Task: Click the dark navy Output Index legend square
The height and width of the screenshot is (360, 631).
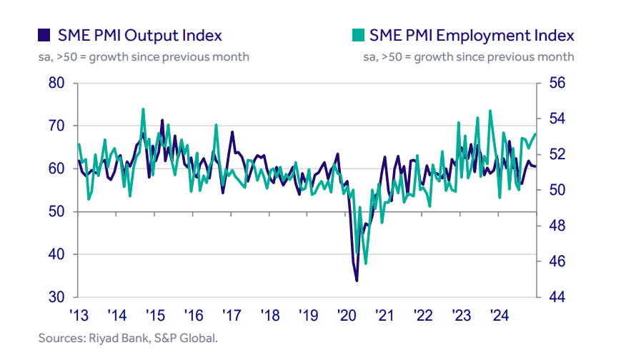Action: (x=44, y=35)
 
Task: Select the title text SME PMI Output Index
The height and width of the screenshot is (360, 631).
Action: (x=140, y=36)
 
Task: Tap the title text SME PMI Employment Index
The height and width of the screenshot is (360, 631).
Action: (x=472, y=36)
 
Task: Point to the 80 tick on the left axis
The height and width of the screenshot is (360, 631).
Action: (x=58, y=84)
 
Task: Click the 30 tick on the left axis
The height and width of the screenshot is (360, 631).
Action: (x=58, y=297)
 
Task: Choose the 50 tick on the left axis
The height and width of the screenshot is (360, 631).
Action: (x=58, y=212)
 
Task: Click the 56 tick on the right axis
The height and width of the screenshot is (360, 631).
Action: (x=557, y=84)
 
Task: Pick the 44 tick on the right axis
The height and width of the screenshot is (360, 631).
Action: (x=557, y=297)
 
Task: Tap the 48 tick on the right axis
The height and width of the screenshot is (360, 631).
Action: (x=557, y=226)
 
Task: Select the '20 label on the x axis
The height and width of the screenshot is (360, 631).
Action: (x=347, y=315)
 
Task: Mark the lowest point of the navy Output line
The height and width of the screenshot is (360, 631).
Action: (x=357, y=280)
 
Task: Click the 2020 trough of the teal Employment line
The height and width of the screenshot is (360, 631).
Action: (x=365, y=263)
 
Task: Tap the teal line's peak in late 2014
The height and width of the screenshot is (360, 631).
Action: (x=144, y=109)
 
